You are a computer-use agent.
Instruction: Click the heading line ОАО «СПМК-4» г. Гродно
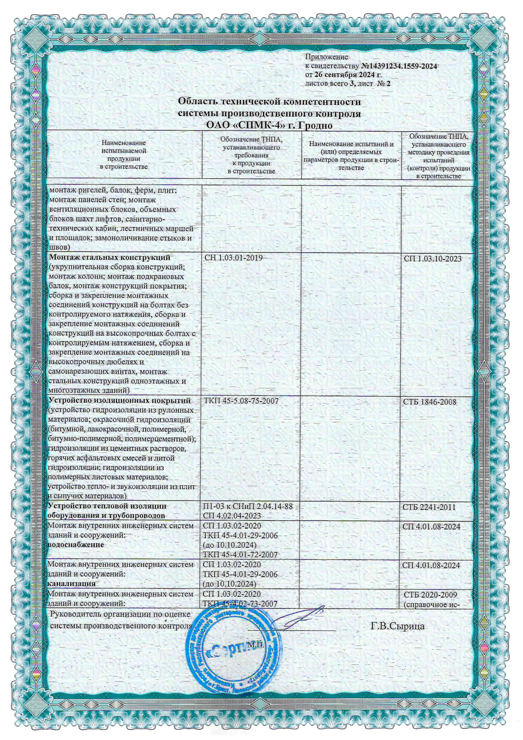269,125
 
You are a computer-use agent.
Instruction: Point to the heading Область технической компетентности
269,101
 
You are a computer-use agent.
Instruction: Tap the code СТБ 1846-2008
430,402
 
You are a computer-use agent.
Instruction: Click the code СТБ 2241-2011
429,507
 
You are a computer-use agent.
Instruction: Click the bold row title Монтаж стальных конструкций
110,258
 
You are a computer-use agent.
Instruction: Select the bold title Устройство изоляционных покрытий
119,400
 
